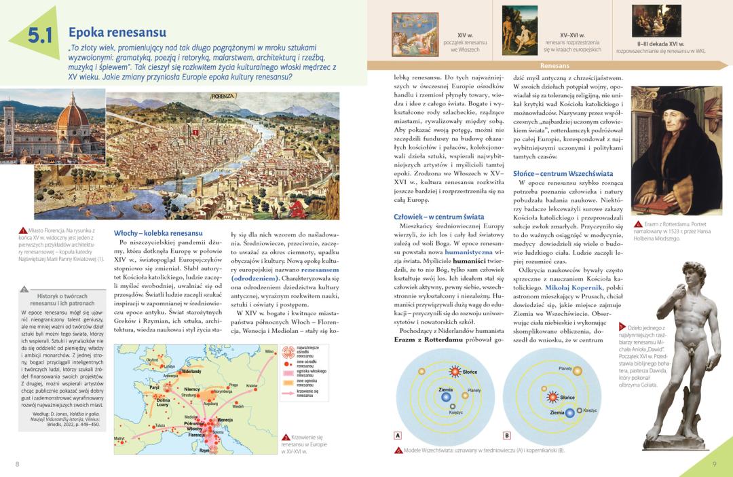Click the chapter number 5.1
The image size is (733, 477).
point(40,36)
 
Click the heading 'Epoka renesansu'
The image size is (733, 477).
point(117,33)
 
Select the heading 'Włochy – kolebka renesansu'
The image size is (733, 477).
point(158,233)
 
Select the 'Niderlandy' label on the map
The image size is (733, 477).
point(191,372)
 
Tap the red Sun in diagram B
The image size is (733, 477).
point(553,397)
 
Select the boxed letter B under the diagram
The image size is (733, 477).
point(506,436)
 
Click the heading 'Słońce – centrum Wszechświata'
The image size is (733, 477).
point(563,174)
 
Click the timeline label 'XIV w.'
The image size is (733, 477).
point(465,34)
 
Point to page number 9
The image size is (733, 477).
point(715,464)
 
